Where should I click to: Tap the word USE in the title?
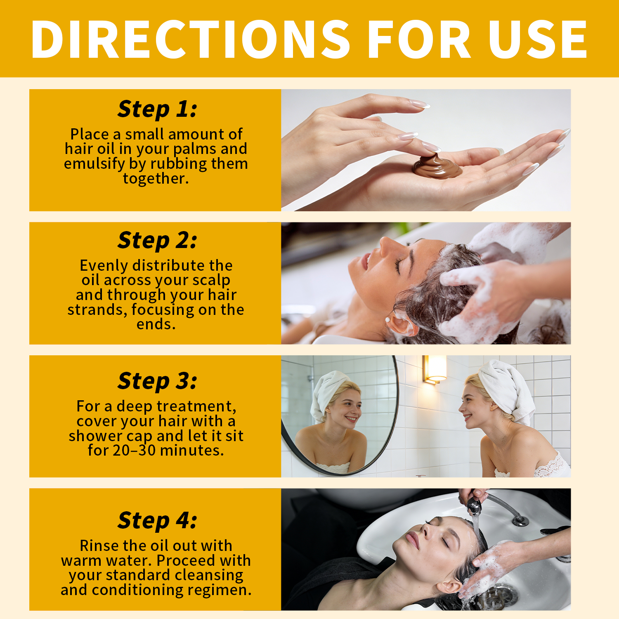[537, 39]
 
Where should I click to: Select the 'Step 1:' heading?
[157, 109]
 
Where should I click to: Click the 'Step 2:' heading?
[157, 240]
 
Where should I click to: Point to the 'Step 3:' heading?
[157, 380]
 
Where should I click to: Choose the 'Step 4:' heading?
[157, 520]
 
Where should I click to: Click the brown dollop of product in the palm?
[437, 166]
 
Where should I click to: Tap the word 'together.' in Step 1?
[156, 179]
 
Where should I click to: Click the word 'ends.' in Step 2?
[156, 324]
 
